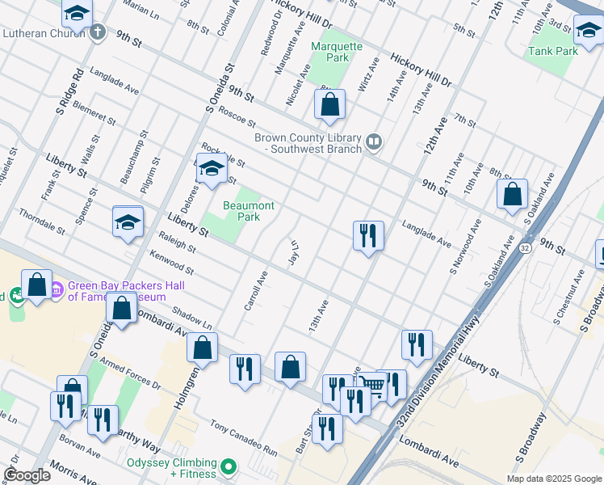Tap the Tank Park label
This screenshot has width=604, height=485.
point(553,51)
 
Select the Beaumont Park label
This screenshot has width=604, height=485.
point(249,212)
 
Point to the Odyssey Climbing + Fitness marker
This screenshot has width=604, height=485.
point(229,466)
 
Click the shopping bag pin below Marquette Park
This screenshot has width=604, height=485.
point(329,105)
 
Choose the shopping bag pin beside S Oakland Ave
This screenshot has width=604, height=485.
point(512,195)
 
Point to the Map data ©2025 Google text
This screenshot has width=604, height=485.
point(552,479)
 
